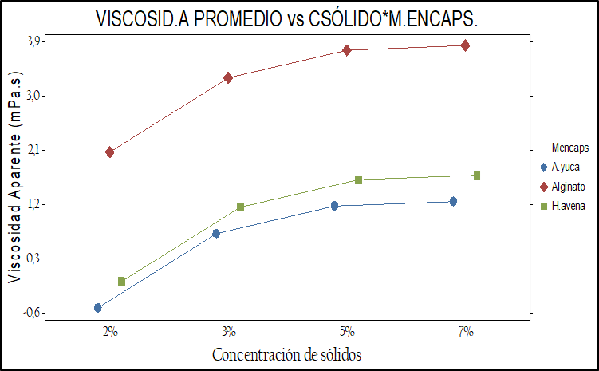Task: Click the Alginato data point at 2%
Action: [x=110, y=152]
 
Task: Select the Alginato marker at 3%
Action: [x=228, y=77]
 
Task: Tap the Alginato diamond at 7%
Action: [x=465, y=45]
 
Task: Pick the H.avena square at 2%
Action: [x=122, y=281]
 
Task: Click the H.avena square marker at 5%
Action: [x=359, y=180]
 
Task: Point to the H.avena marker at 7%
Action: [x=477, y=175]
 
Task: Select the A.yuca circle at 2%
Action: [x=98, y=307]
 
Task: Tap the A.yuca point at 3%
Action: [x=216, y=233]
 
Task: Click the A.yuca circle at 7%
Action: [x=453, y=201]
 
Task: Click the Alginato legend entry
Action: [x=568, y=187]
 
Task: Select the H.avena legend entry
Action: [x=568, y=206]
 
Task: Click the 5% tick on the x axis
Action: [x=347, y=331]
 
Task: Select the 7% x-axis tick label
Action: [x=465, y=331]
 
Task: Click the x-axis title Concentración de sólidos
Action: [x=290, y=353]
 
